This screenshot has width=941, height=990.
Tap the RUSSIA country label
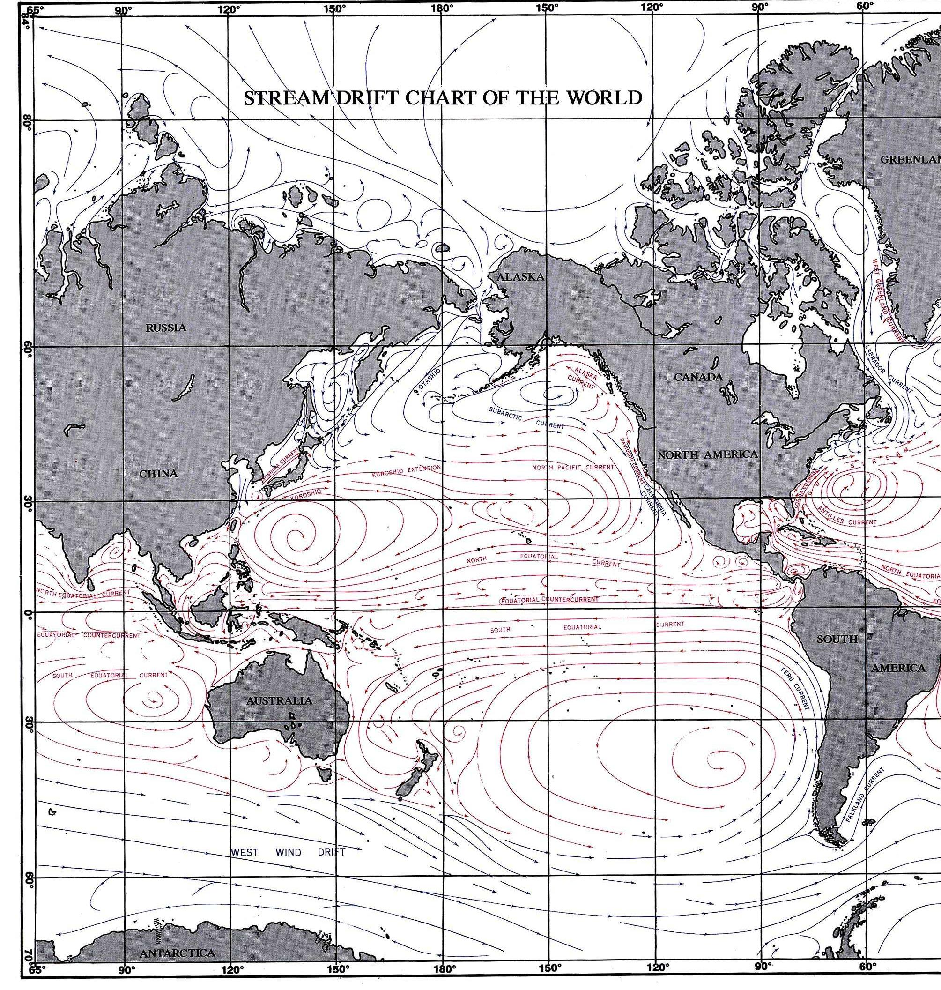coord(165,328)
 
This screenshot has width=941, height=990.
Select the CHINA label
coord(158,473)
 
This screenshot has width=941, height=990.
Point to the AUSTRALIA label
coord(279,700)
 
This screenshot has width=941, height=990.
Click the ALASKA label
coord(520,276)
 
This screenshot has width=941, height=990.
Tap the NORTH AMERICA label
coord(707,454)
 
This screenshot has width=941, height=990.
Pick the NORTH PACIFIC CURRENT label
coord(573,467)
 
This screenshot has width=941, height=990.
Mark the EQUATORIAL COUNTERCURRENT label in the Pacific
coord(549,600)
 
